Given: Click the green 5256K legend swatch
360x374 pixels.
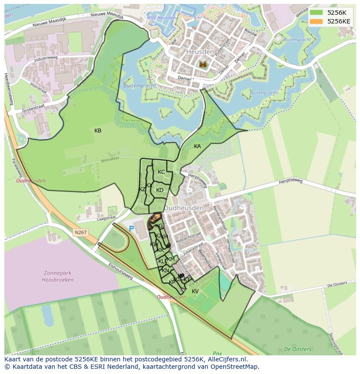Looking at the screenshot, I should [316, 13].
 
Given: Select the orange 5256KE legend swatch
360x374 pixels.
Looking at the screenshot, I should [316, 21].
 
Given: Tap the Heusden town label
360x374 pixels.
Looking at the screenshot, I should [200, 52].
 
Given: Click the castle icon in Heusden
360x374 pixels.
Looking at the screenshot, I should [203, 64].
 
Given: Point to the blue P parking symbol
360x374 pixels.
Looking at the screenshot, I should [131, 228].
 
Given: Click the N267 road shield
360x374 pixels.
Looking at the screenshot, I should [80, 233].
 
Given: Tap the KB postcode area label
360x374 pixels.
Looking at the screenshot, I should [98, 131].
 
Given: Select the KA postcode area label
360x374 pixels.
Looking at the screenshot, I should [197, 146].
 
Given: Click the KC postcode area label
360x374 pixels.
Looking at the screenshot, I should [161, 172].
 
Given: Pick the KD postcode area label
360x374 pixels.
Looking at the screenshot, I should [160, 190].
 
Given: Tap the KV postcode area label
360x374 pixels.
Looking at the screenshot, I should [195, 291].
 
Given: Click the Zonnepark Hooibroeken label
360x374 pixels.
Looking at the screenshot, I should [59, 277].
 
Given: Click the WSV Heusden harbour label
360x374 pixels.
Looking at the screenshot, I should [161, 18].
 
